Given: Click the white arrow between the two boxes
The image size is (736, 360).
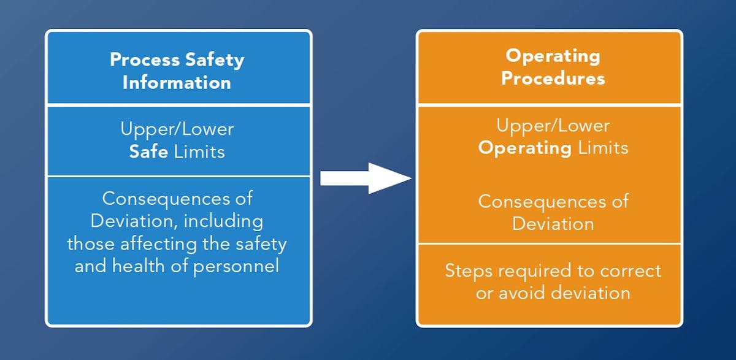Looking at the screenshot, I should [366, 178].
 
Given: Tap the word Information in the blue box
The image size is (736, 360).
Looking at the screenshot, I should [177, 82].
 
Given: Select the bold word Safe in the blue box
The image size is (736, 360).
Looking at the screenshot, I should [148, 151].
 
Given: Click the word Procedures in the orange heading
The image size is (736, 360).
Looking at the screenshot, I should [553, 79].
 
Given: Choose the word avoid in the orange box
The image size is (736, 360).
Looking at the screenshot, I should [518, 293].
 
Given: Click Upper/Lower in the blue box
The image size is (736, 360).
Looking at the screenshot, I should [177, 129].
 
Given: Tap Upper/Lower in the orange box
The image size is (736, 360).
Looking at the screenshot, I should [553, 126].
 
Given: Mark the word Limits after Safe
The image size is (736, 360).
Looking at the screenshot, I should [199, 151].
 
